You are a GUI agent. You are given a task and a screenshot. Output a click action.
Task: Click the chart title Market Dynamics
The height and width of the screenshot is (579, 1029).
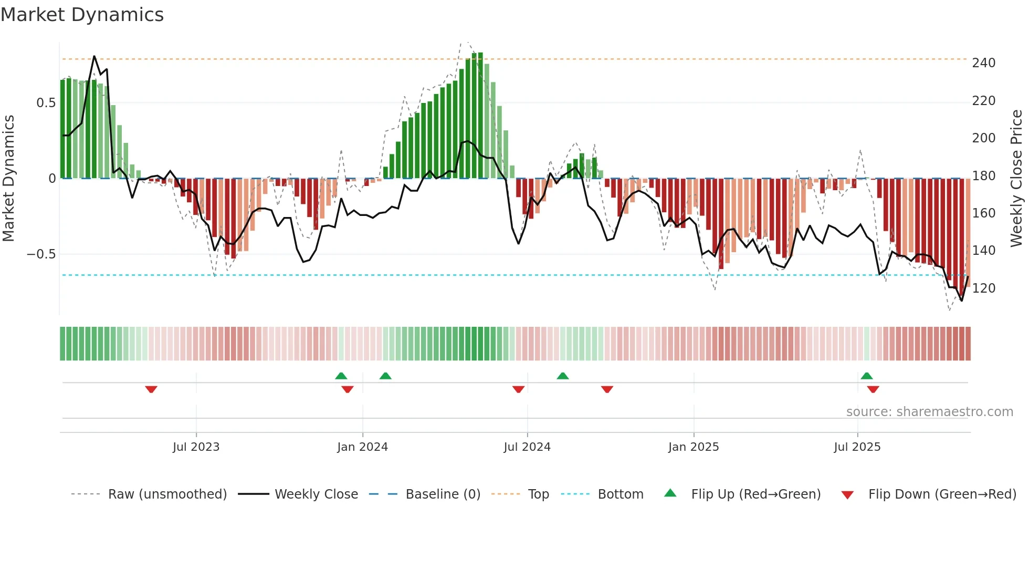click(x=82, y=15)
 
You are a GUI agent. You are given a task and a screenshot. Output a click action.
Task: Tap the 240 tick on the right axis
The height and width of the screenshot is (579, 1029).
click(x=983, y=63)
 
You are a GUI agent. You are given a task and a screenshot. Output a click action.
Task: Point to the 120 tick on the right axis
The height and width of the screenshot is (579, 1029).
click(x=983, y=288)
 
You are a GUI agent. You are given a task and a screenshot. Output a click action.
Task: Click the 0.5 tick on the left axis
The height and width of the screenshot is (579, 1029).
click(x=46, y=103)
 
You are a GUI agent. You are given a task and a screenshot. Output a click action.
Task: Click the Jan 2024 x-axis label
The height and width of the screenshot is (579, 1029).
click(x=362, y=447)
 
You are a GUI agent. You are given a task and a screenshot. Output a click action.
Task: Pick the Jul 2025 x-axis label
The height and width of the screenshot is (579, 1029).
click(x=857, y=447)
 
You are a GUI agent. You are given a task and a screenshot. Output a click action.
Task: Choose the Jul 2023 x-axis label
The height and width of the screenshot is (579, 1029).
click(x=196, y=447)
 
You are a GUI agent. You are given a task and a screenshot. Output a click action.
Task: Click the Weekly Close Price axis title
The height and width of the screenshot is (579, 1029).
click(x=1016, y=178)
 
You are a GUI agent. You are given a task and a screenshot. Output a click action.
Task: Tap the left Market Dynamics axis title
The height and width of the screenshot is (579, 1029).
click(x=8, y=178)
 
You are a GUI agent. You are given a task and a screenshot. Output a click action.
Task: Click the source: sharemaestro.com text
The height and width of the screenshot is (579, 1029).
click(x=929, y=412)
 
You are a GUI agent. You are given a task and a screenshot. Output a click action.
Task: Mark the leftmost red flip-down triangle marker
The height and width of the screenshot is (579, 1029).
click(x=151, y=389)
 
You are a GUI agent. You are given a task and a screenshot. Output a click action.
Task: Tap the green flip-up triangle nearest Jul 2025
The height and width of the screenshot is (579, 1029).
click(x=867, y=376)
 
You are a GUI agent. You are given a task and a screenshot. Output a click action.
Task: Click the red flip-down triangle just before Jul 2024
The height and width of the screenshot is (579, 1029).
click(x=518, y=389)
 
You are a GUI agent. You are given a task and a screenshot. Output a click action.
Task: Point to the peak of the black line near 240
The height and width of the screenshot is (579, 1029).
click(x=94, y=56)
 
